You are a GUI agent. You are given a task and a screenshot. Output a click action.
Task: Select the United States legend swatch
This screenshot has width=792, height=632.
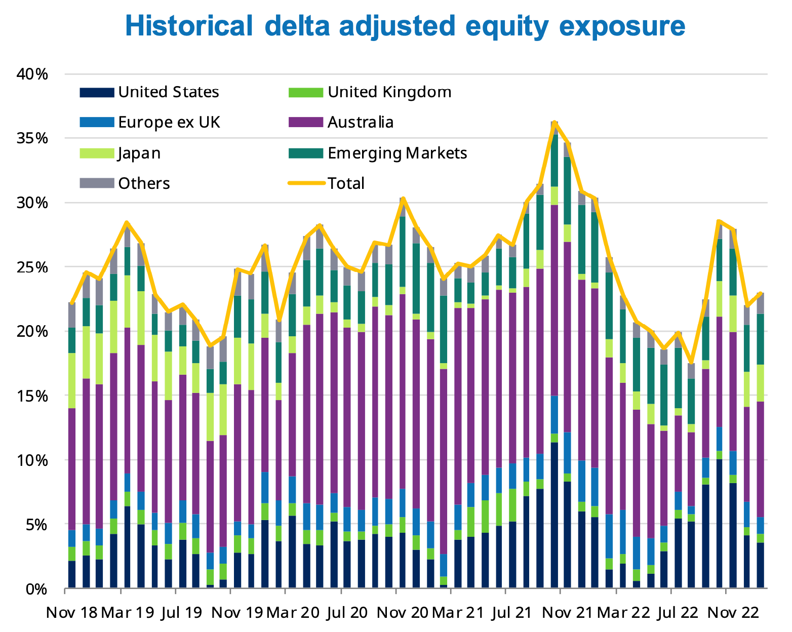96,92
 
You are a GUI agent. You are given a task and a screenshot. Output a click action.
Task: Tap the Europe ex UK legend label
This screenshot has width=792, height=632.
169,123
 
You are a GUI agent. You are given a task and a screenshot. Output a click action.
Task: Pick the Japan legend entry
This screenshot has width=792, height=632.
139,153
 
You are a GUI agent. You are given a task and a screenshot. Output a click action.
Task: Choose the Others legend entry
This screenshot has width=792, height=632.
144,183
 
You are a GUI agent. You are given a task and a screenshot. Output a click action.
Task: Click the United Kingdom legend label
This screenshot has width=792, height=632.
389,92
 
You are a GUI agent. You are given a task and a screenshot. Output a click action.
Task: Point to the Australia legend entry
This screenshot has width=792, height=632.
360,123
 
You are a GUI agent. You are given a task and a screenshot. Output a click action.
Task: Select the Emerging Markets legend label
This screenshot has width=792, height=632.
397,153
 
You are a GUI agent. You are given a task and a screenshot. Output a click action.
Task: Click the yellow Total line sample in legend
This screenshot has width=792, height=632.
305,183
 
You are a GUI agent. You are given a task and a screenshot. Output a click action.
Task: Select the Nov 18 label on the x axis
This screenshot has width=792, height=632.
71,613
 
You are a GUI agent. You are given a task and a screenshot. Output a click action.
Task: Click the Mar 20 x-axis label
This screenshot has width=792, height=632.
293,613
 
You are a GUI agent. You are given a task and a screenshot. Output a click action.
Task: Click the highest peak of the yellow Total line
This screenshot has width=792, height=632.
555,122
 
